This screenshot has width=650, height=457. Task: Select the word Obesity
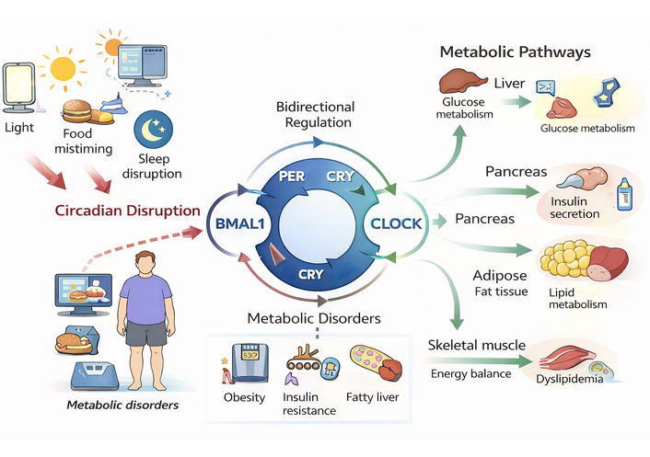tap(244, 397)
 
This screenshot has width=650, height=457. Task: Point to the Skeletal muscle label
tap(476, 345)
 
